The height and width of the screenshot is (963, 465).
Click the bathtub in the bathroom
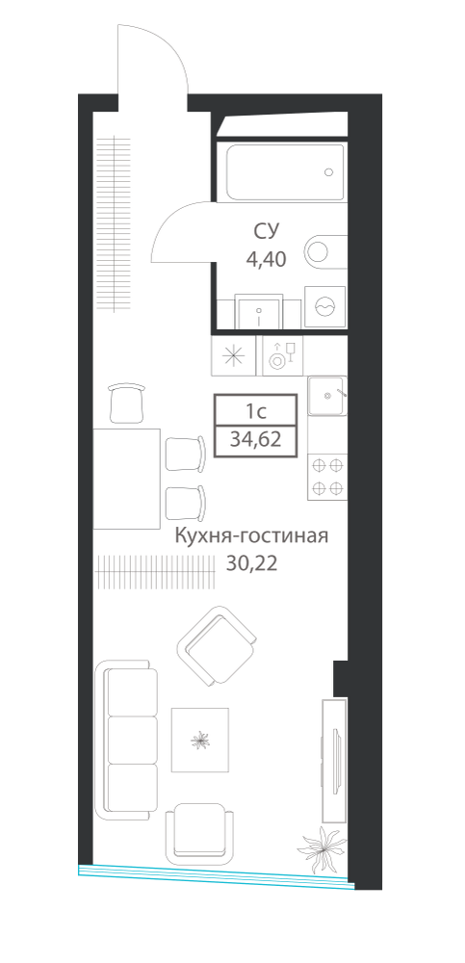point(285,172)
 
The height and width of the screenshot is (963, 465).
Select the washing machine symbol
point(325,307)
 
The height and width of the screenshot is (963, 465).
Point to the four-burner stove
point(327,477)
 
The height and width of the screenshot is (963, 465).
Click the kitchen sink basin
point(326,395)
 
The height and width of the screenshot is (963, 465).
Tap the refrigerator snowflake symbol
point(233,356)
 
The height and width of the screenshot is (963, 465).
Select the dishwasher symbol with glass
point(283,356)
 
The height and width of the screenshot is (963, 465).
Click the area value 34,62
point(255,440)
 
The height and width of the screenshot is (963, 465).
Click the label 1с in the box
point(256,409)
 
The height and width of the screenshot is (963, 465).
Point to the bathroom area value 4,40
point(266,260)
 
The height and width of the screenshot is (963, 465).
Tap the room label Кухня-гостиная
point(252,536)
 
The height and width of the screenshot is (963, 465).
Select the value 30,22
point(252,563)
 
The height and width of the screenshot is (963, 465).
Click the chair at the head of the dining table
point(127,403)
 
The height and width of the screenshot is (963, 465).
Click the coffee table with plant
point(199,740)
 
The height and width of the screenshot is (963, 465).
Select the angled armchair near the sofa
point(217,646)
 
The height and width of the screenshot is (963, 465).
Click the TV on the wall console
point(335,761)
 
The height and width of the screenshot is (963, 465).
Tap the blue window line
point(217,875)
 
